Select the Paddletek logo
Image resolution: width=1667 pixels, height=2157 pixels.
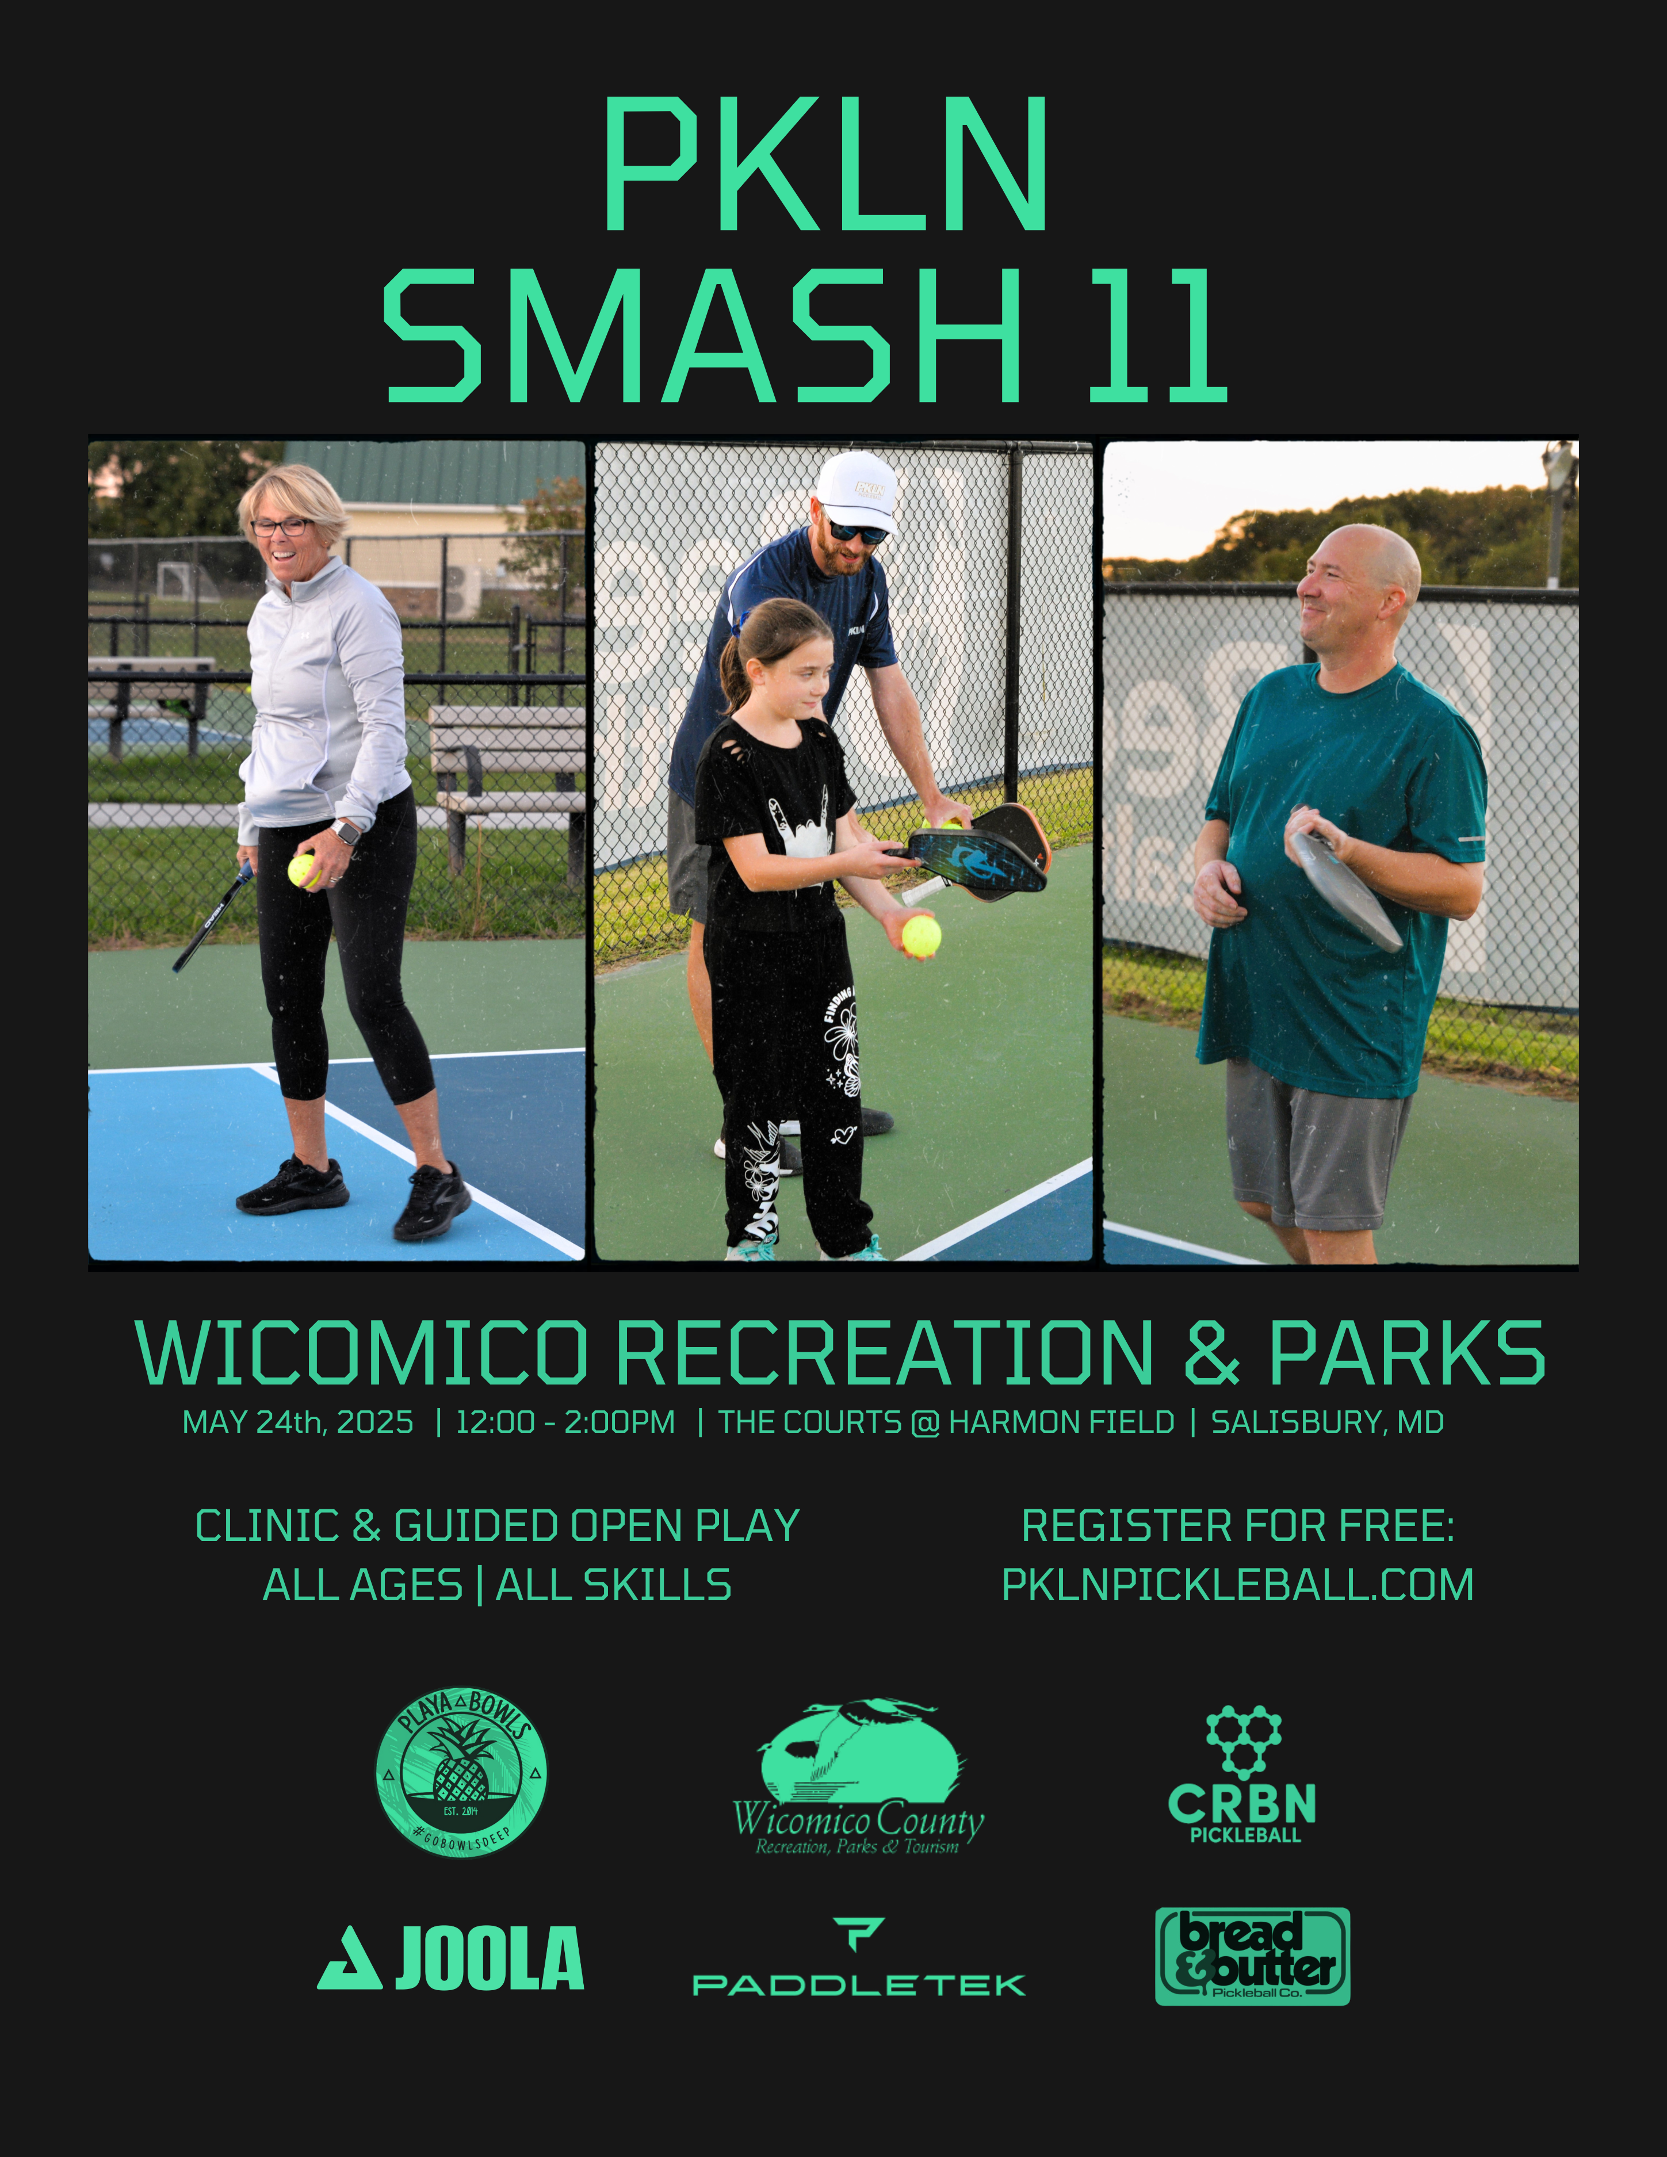coord(859,1960)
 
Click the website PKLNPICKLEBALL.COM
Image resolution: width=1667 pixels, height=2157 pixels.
coord(1237,1585)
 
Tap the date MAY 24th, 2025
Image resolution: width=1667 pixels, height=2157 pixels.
coord(298,1422)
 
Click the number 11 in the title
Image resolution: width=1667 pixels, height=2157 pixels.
coord(1157,338)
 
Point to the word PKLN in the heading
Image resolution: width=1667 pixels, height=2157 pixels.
coord(825,165)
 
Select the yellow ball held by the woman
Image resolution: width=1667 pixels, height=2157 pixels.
coord(301,870)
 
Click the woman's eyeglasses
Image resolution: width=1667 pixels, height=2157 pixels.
coord(281,526)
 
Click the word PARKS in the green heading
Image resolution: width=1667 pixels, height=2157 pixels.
coord(1406,1353)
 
